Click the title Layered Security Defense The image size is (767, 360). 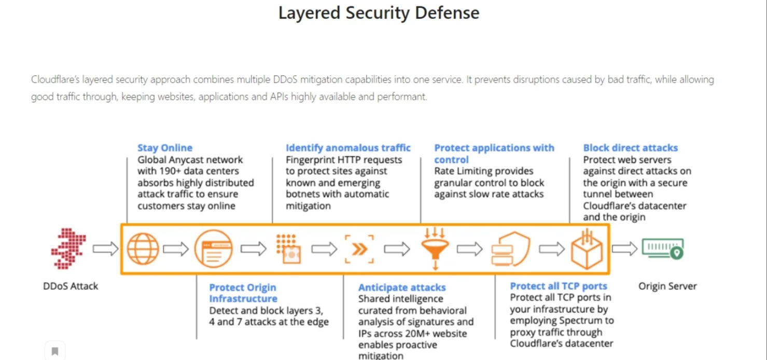pos(379,13)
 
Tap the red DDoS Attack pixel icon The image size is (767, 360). pos(68,248)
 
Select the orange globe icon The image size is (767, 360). pos(143,248)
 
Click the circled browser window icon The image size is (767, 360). pos(213,248)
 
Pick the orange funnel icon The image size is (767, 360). pos(435,248)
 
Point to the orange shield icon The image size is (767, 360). pos(510,249)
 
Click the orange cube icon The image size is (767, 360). pos(587,249)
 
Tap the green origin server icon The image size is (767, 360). pos(663,248)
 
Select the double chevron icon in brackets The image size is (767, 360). pos(359,249)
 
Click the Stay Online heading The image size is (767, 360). pos(165,148)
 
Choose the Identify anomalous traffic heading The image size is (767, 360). pos(348,148)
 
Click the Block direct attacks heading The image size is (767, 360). pos(631,148)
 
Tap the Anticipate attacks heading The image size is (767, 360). pos(402,287)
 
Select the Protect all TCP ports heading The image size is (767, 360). pos(559,286)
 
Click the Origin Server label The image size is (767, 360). pos(667,286)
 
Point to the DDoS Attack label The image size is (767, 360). pos(71,286)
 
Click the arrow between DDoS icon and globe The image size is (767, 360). pos(106,248)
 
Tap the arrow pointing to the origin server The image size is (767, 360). pos(624,248)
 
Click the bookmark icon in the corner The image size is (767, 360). pos(55,351)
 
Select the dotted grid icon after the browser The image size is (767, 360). pos(289,249)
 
